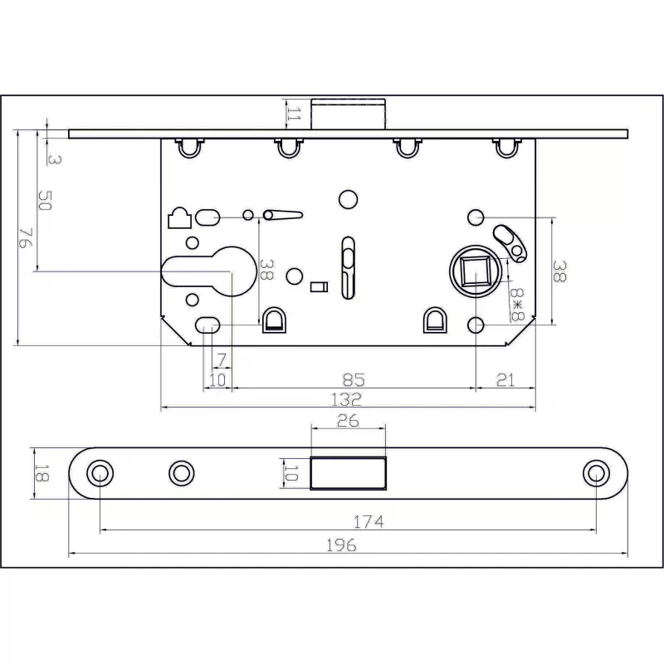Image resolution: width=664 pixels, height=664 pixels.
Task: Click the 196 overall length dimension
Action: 341,545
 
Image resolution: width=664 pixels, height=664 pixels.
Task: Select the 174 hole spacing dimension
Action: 369,522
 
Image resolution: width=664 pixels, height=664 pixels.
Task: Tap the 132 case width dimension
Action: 346,399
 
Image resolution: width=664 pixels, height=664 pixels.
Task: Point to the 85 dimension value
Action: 354,380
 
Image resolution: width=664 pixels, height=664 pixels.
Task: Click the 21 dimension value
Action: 505,380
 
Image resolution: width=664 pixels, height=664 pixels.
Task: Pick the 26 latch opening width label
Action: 348,421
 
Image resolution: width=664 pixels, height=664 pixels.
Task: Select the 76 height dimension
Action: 26,238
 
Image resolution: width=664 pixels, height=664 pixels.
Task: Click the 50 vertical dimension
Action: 45,200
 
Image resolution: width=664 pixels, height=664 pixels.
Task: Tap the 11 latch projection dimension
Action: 294,114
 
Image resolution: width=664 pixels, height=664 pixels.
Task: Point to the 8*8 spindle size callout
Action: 517,305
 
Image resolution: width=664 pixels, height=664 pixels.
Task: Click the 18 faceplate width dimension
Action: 41,473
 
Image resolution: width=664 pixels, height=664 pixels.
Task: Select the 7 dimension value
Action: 222,360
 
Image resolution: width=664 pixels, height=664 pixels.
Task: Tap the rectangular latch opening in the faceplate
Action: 349,473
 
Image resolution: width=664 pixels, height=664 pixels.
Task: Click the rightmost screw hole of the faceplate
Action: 596,473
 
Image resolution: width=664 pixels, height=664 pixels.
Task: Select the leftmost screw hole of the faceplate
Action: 100,473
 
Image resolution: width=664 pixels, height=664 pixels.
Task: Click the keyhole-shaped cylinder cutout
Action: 209,271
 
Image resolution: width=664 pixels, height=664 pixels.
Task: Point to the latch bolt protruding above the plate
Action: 349,114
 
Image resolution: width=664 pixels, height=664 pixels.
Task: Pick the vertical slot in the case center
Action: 348,268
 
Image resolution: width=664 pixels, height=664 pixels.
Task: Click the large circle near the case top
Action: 349,199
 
